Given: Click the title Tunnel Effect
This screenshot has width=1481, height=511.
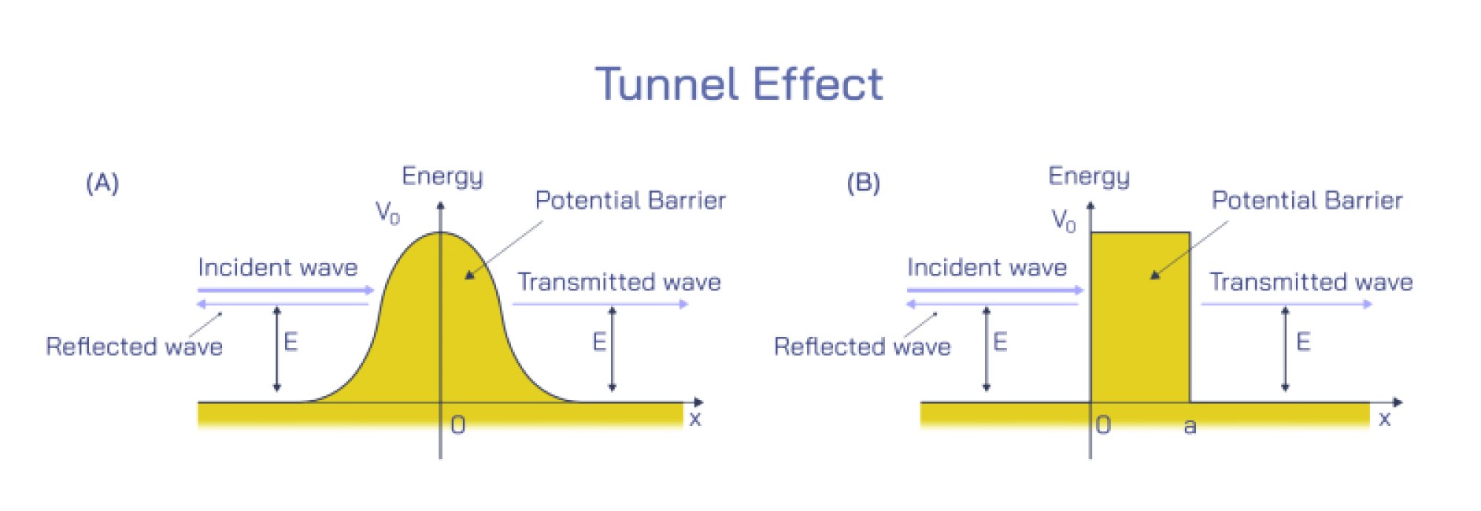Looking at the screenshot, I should (739, 84).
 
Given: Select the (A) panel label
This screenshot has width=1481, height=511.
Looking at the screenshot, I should (102, 183).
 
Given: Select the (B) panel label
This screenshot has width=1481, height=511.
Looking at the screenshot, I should (863, 183).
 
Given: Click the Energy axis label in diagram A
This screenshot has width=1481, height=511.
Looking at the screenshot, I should (442, 176).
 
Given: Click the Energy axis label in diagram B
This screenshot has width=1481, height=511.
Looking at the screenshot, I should (1089, 176).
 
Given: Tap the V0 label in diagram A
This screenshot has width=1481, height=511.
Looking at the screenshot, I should (387, 213).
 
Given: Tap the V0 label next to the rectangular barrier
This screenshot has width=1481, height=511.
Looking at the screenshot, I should (1063, 220).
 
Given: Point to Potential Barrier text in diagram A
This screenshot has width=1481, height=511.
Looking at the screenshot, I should (630, 201).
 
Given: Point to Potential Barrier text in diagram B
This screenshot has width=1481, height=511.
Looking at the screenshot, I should (1307, 201).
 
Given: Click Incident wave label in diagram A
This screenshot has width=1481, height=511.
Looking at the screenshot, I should (278, 267).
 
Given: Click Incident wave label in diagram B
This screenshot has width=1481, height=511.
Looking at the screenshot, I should (987, 267).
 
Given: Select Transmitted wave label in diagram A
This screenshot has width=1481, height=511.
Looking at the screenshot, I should (619, 282).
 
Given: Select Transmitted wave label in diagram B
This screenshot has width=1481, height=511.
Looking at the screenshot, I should (1311, 282).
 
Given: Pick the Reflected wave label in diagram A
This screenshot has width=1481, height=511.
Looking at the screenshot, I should (134, 347).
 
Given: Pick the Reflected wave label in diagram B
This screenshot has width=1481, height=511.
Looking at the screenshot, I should (862, 347).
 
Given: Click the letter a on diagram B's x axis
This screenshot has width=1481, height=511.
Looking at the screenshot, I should (1190, 426).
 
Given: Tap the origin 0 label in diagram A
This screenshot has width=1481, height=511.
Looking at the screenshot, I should (458, 425).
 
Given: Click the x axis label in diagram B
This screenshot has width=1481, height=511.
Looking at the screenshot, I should (1384, 419).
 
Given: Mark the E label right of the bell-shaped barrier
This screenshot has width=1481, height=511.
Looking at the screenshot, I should (598, 341).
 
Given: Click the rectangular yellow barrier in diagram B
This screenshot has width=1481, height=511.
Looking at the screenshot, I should (1140, 326).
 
